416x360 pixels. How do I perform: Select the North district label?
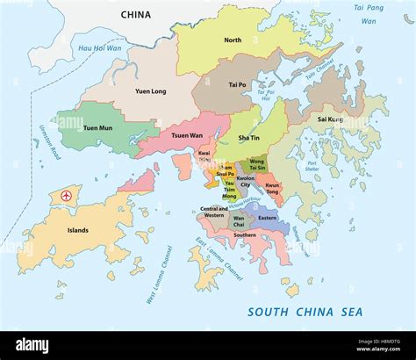233,40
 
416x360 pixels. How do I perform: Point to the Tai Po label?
237,86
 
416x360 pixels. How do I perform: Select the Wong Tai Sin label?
257,165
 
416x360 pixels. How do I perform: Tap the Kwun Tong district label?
273,189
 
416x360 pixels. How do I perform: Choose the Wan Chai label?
238,220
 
